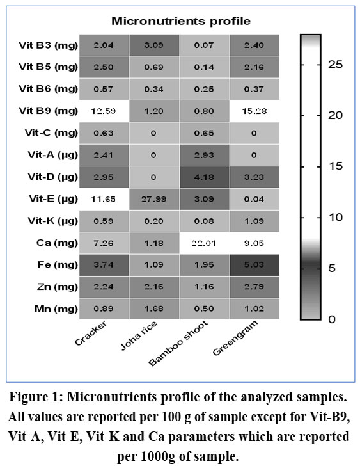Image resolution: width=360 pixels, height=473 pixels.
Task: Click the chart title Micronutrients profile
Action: (181, 21)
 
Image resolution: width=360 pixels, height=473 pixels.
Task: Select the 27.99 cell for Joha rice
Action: (154, 199)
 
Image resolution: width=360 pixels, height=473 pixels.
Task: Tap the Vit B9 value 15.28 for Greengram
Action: (254, 111)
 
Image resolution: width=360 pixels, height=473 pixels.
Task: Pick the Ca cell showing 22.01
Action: (204, 243)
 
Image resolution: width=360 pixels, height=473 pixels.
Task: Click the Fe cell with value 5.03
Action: (254, 265)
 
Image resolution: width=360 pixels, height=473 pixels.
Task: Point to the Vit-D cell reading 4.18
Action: (204, 177)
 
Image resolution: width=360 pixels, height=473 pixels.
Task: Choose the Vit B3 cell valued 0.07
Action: (204, 45)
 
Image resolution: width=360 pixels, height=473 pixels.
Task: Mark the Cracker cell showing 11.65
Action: (104, 199)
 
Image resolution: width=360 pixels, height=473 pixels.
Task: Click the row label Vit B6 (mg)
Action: (48, 90)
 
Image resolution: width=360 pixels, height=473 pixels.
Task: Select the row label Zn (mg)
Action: (58, 287)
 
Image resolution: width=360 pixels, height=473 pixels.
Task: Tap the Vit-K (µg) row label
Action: (52, 221)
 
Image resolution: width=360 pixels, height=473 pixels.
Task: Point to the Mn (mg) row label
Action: (56, 309)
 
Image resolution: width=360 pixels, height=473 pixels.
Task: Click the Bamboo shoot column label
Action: (178, 343)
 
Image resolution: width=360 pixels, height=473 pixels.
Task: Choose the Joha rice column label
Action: (139, 336)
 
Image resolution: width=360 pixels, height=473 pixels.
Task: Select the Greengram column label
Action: (235, 338)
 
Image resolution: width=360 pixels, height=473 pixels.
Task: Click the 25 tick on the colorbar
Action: (335, 65)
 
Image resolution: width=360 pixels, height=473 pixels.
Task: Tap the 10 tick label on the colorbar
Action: (335, 217)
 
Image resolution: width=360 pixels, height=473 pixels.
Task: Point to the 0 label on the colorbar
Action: (332, 319)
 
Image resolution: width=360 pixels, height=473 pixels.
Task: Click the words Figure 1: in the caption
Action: (36, 397)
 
